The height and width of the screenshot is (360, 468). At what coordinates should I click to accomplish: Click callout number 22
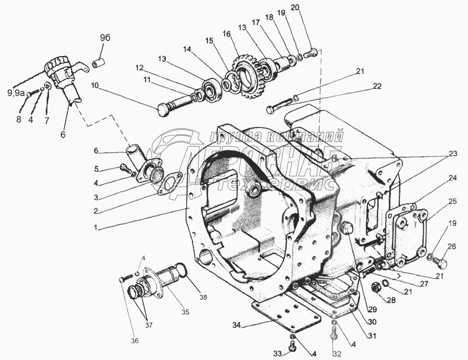(x=377, y=86)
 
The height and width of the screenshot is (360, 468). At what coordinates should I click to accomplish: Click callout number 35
(x=185, y=312)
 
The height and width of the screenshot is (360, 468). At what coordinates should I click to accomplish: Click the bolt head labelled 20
(x=311, y=52)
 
